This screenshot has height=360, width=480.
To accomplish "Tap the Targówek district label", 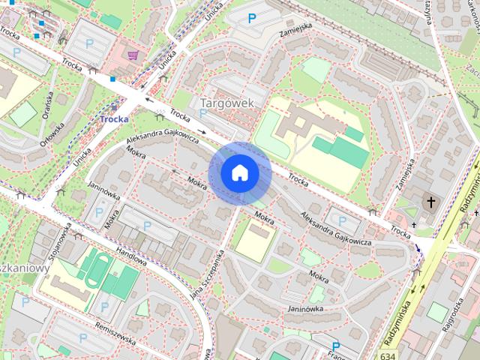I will (x=229, y=102).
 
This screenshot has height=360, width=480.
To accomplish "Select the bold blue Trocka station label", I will (x=114, y=118).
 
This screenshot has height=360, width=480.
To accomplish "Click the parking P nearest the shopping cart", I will (x=90, y=44).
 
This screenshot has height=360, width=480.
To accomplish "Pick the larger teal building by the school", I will (x=341, y=152).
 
